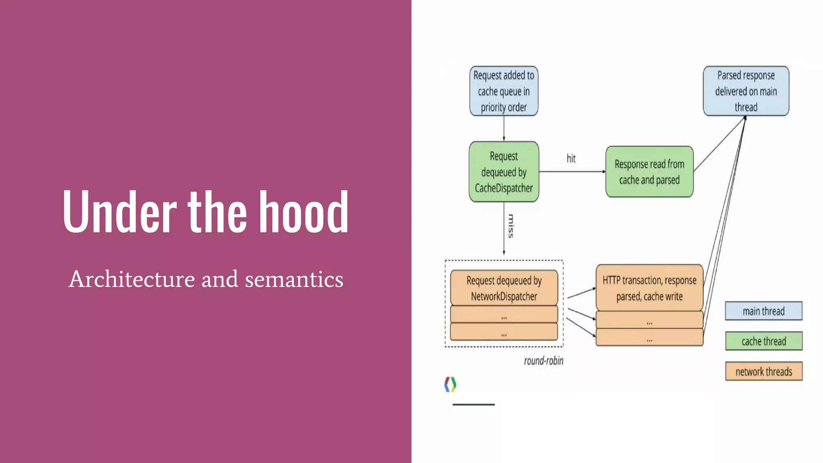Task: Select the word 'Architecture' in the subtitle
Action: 132,279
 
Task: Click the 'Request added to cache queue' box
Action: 504,91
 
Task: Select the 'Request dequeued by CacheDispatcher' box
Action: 504,172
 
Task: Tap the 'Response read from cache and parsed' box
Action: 649,172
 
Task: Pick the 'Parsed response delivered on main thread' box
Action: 746,91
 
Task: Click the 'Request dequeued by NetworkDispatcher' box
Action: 504,288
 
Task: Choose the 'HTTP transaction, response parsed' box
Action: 649,288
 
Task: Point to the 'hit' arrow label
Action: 571,158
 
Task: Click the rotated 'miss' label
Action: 511,226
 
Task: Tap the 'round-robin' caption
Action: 543,361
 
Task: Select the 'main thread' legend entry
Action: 764,311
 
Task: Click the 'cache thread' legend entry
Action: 764,341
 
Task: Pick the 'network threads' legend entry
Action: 764,371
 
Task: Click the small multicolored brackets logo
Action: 450,384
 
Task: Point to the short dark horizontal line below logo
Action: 473,404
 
